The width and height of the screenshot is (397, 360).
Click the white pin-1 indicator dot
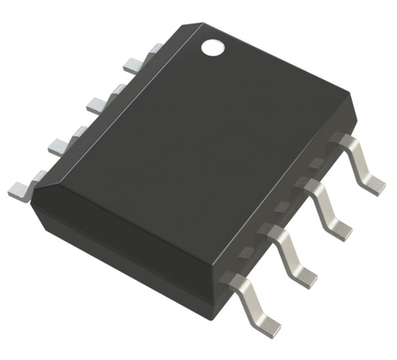[213, 46]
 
